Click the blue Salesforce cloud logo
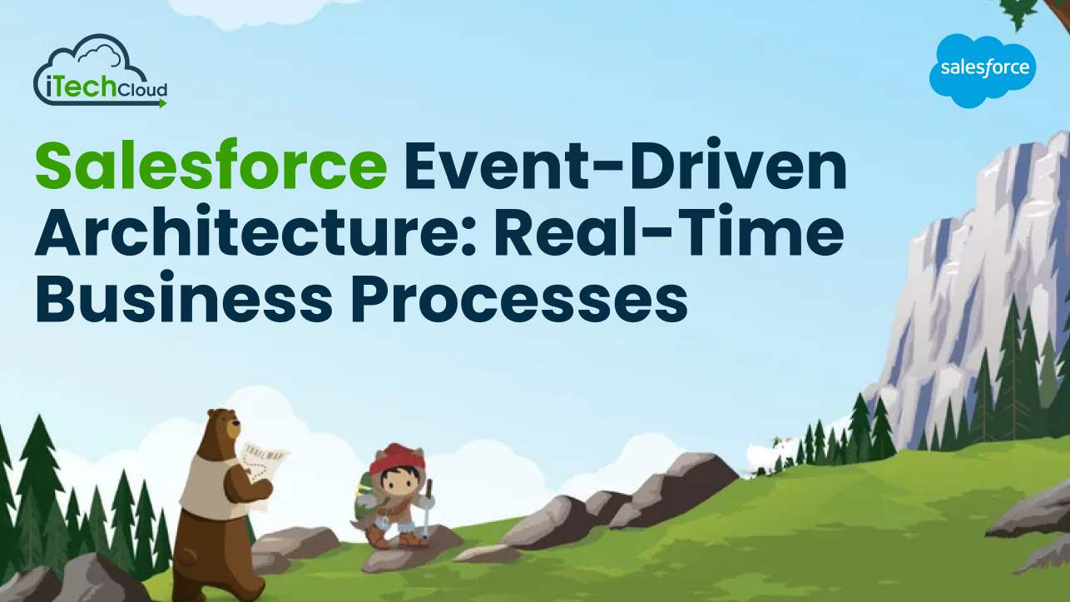coord(983,70)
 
